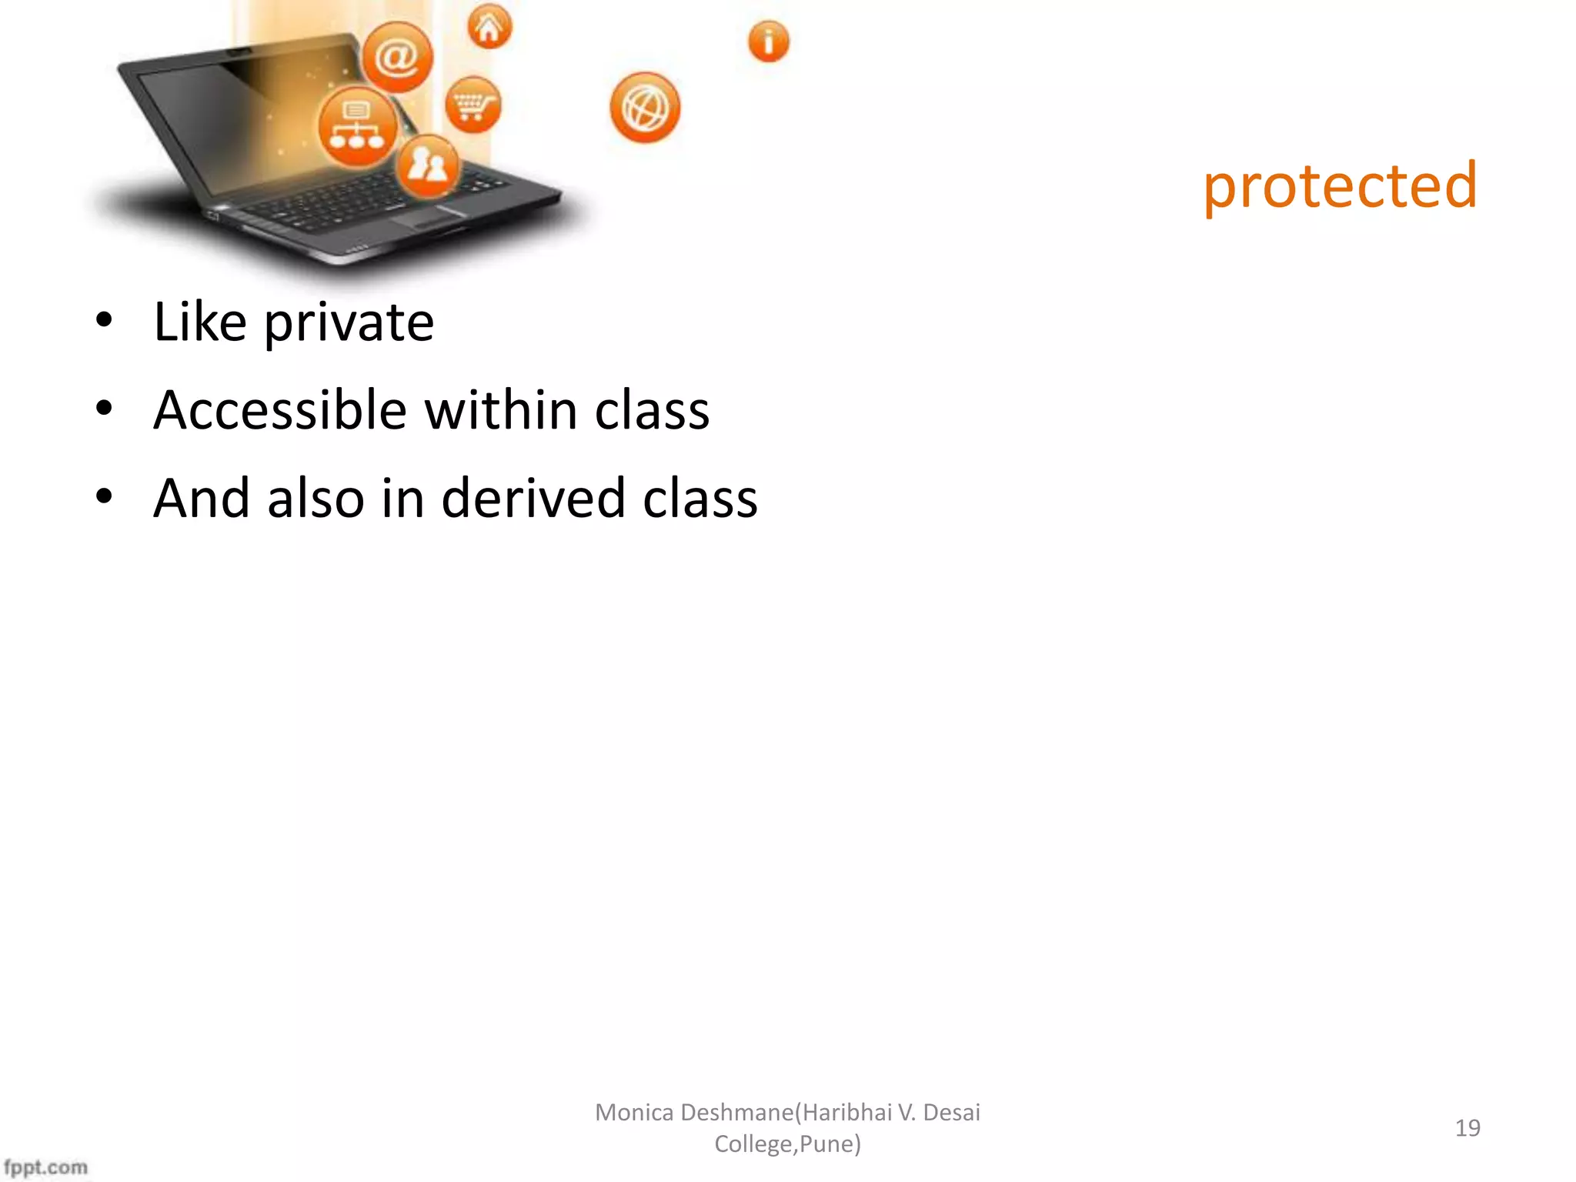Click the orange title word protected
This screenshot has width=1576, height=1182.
point(1340,187)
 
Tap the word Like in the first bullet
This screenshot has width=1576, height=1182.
point(200,322)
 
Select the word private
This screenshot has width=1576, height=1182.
point(349,323)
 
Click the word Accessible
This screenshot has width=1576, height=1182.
point(280,410)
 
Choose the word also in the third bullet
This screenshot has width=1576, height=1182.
point(316,499)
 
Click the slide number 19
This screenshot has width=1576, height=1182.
point(1467,1128)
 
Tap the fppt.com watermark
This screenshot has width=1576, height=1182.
point(45,1167)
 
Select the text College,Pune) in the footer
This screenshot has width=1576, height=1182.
point(787,1144)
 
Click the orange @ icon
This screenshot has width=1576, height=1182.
point(397,57)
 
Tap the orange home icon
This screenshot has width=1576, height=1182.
point(489,28)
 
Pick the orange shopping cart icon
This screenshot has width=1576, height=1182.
point(472,105)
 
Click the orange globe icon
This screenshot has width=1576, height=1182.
point(645,109)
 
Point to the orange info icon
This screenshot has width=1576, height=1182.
point(768,42)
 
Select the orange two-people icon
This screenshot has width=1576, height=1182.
point(428,165)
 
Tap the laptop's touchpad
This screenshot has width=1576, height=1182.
point(431,219)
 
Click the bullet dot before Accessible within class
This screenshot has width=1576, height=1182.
point(104,409)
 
